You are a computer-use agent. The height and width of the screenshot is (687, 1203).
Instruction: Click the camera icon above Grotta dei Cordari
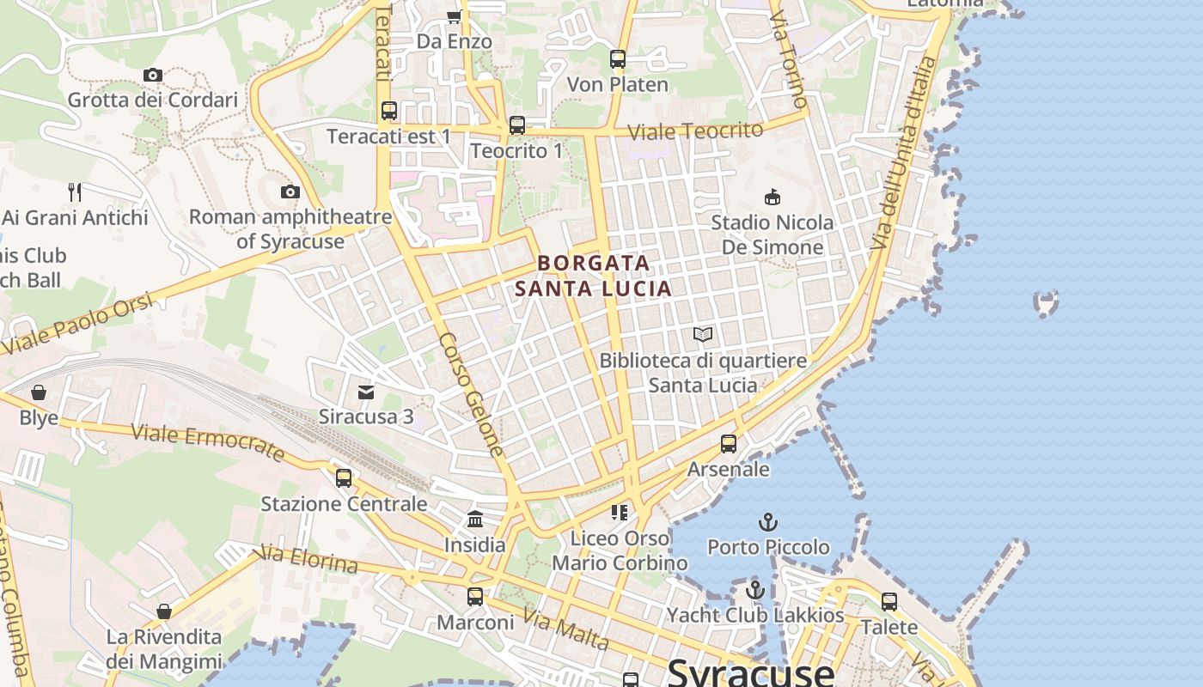153,76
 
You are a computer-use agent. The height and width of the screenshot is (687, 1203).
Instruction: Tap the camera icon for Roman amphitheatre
290,192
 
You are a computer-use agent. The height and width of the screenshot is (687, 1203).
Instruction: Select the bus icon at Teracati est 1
389,111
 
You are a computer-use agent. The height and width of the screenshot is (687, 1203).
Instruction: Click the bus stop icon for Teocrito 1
516,125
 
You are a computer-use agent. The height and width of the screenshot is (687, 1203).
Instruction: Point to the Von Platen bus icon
617,59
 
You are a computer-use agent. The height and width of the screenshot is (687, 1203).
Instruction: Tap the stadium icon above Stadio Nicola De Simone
772,197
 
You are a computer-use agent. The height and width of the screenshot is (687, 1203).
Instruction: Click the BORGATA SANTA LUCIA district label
594,276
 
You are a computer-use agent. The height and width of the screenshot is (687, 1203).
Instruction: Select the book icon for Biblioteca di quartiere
703,334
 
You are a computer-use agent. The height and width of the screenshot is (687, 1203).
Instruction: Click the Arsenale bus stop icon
729,444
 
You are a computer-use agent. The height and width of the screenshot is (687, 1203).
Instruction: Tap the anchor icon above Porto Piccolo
768,521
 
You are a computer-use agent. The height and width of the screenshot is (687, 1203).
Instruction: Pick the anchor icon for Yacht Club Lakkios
755,590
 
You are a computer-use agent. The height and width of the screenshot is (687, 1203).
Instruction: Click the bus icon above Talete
889,602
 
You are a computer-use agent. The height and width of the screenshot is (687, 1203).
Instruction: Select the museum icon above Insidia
475,519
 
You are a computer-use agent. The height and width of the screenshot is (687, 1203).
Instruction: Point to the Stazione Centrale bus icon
344,477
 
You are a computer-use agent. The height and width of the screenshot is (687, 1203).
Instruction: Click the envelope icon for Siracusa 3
366,392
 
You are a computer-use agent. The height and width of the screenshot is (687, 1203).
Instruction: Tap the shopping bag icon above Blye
39,392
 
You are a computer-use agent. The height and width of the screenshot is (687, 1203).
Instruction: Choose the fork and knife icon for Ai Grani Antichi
75,192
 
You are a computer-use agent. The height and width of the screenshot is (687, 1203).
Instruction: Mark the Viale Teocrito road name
695,131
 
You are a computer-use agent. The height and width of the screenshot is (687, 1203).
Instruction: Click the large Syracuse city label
750,672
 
